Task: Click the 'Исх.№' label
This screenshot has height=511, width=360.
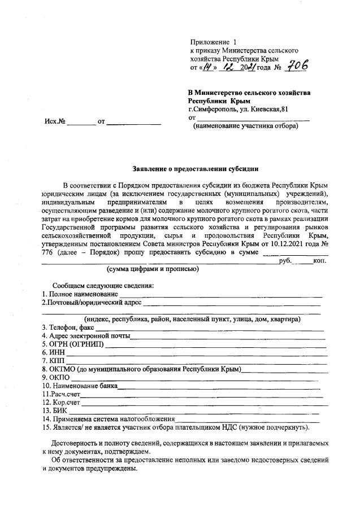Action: (x=55, y=121)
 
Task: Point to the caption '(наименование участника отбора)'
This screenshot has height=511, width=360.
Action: (x=246, y=126)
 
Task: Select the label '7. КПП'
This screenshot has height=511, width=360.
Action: (x=54, y=361)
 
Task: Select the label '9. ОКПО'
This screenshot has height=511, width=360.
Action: (x=55, y=377)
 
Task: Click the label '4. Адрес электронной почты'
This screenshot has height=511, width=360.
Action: (x=86, y=336)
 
